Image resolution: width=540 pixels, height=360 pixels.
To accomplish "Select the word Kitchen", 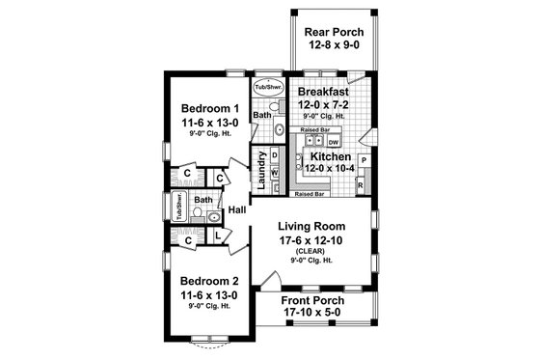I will (x=331, y=154).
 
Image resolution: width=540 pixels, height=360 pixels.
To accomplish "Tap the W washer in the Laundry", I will (x=274, y=173).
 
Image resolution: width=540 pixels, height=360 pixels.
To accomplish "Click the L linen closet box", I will (x=219, y=235).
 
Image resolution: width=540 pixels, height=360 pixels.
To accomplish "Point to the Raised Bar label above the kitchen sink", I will (x=314, y=127).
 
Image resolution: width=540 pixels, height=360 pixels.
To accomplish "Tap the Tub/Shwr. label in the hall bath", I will (x=179, y=207).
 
